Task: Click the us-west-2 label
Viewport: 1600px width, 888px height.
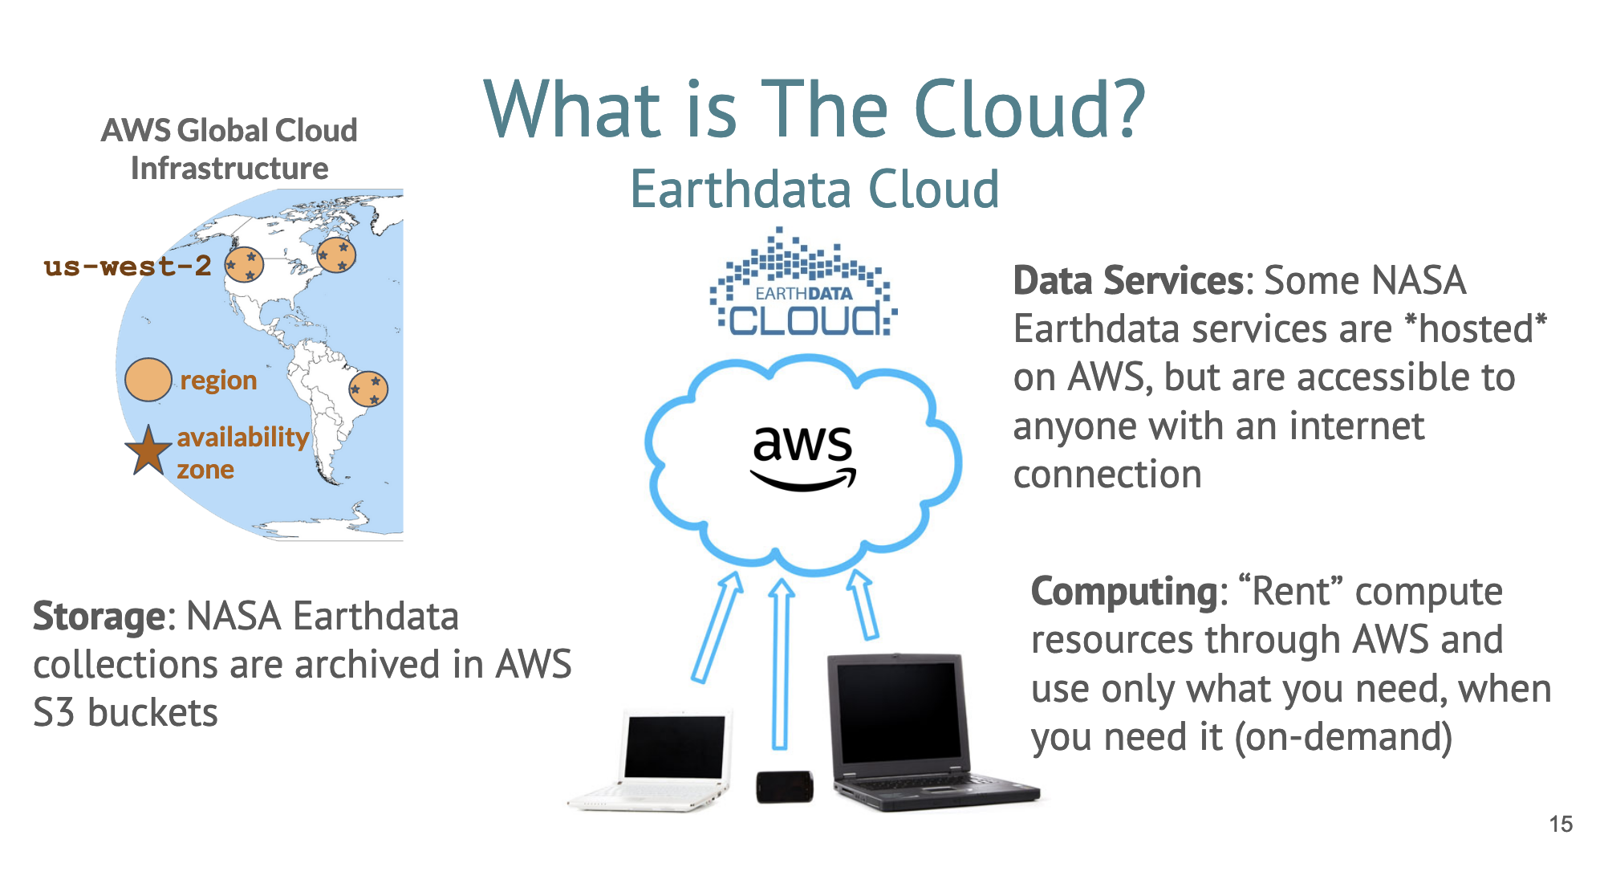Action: tap(128, 266)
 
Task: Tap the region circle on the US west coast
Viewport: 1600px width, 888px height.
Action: tap(244, 264)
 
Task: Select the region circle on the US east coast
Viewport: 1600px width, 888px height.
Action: tap(336, 255)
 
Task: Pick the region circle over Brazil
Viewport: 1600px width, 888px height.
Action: tap(368, 389)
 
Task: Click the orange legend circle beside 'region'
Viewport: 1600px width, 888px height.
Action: tap(148, 380)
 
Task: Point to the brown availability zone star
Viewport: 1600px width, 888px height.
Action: tap(148, 451)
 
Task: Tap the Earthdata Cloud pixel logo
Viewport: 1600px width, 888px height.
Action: tap(803, 285)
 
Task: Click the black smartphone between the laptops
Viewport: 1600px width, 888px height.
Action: tap(784, 786)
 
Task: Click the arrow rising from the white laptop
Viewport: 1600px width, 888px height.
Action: tap(717, 627)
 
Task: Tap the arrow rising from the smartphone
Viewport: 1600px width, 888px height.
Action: tap(780, 662)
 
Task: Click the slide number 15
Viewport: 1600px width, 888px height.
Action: tap(1560, 824)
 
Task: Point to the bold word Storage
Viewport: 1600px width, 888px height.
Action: tap(99, 617)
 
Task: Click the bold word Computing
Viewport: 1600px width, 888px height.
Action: tap(1125, 592)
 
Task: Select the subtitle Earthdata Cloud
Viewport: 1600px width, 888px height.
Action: tap(814, 189)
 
